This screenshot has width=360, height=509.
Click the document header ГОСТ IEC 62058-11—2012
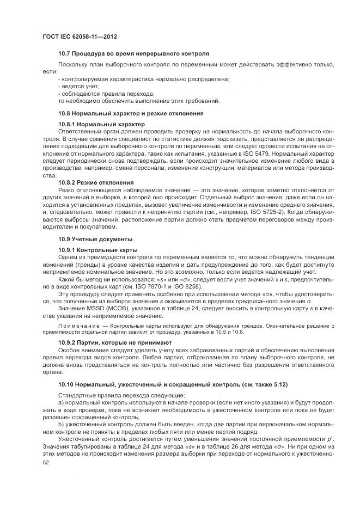pyautogui.click(x=80, y=36)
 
